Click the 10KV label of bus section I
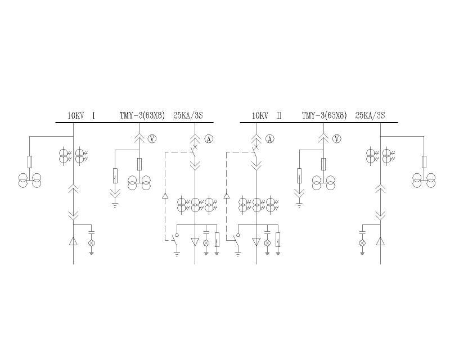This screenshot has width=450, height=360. [76, 116]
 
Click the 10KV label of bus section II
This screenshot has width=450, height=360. [260, 116]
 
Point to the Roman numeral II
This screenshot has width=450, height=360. [279, 116]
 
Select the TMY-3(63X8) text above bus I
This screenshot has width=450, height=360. [142, 116]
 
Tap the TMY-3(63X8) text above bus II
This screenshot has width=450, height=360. [325, 116]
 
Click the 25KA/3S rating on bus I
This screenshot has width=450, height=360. [188, 116]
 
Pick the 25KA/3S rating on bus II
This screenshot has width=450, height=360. [370, 116]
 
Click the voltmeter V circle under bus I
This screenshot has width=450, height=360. [152, 139]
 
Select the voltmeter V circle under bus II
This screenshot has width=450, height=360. [336, 139]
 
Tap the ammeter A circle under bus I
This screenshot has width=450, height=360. [209, 139]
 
